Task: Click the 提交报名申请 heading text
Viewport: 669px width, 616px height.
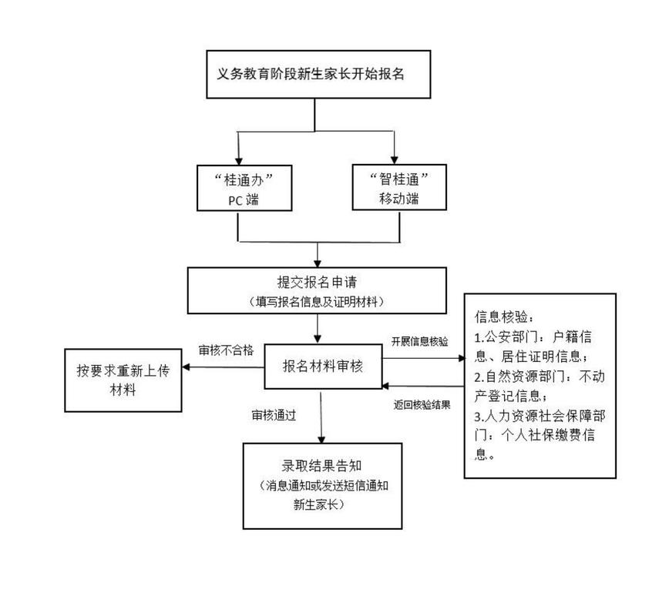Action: click(x=318, y=282)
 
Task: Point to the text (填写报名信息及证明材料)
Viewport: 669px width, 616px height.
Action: click(x=318, y=301)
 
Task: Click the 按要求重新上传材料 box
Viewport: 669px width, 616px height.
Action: click(x=123, y=380)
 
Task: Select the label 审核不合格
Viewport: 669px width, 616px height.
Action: click(x=226, y=349)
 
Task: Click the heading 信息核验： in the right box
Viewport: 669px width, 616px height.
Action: click(x=503, y=316)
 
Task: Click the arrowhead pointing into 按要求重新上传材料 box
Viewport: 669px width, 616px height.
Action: click(x=186, y=367)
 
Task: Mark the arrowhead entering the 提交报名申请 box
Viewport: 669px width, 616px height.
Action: click(x=318, y=263)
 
